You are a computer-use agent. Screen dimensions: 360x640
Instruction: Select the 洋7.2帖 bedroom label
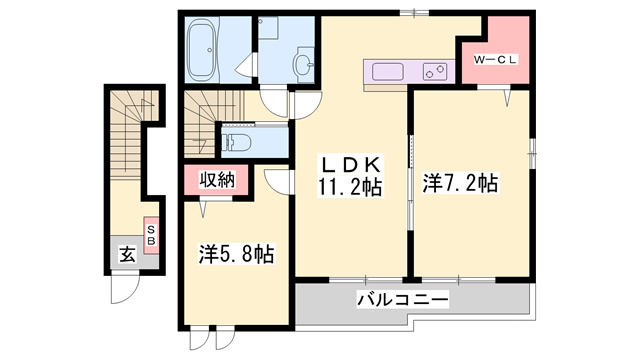coord(461,183)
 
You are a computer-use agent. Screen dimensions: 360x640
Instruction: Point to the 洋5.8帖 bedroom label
coord(237,254)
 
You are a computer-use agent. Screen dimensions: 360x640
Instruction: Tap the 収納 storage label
coord(208,181)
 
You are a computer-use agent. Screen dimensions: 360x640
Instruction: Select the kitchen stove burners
coord(435,72)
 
